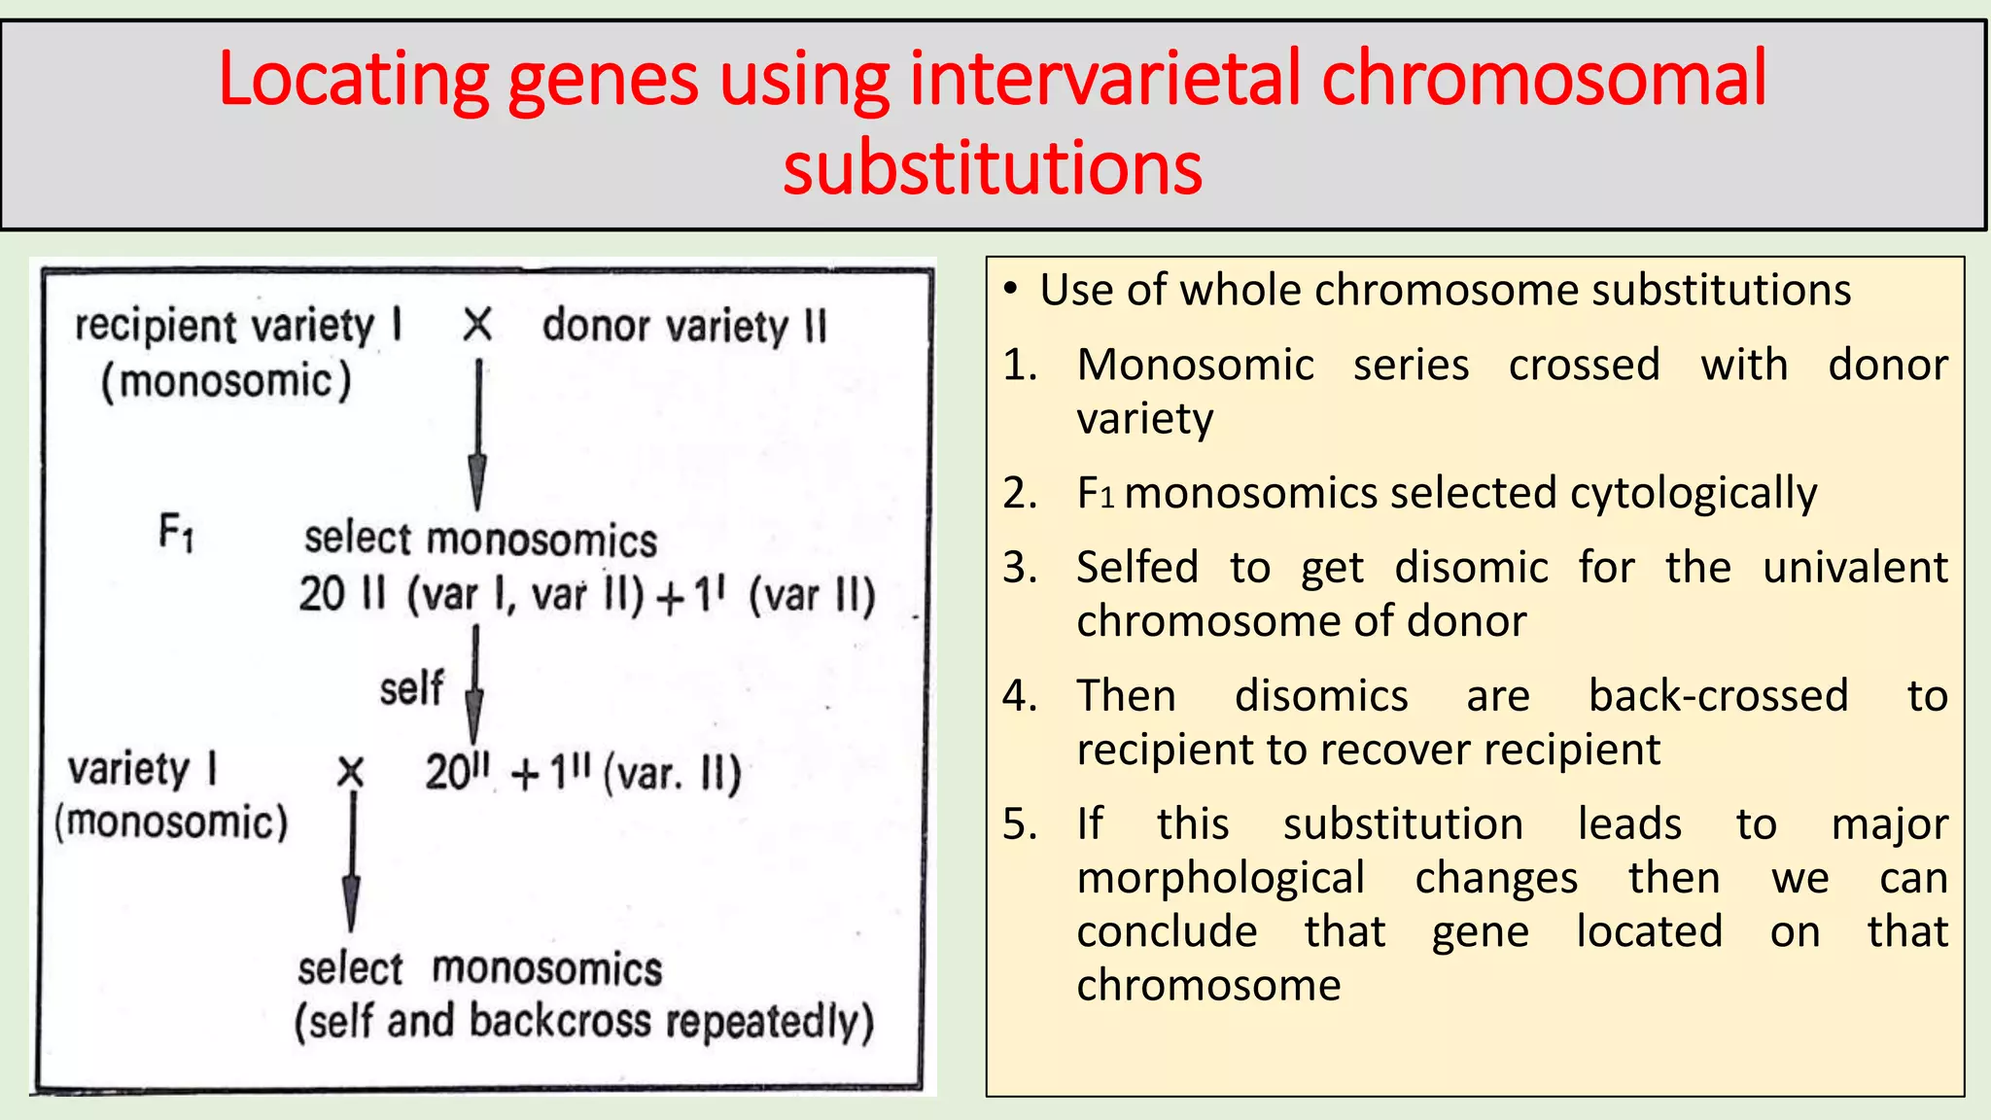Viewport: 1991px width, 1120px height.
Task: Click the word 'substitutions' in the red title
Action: [993, 168]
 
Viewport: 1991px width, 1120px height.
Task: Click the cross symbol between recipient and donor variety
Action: [477, 325]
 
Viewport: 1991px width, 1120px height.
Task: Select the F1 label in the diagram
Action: [177, 533]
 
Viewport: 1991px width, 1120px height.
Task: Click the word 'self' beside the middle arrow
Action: [411, 688]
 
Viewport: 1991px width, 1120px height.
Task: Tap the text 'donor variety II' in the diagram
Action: [684, 326]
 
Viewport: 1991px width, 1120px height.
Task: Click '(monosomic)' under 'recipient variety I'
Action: [226, 380]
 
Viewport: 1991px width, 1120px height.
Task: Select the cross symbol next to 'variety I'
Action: [350, 773]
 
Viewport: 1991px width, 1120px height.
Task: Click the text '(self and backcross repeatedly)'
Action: [584, 1022]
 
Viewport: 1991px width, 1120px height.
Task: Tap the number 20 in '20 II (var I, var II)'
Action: [322, 594]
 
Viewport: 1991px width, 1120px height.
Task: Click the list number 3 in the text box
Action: [1020, 567]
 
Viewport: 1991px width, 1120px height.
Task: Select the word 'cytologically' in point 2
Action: [1693, 494]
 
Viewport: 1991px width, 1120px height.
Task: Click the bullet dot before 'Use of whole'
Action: [1011, 290]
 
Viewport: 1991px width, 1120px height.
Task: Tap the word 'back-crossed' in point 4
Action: [1718, 696]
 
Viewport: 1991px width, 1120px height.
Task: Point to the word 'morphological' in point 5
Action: [1220, 878]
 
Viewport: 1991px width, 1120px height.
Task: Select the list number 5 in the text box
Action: [1020, 824]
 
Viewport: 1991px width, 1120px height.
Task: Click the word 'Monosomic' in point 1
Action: [1195, 366]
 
